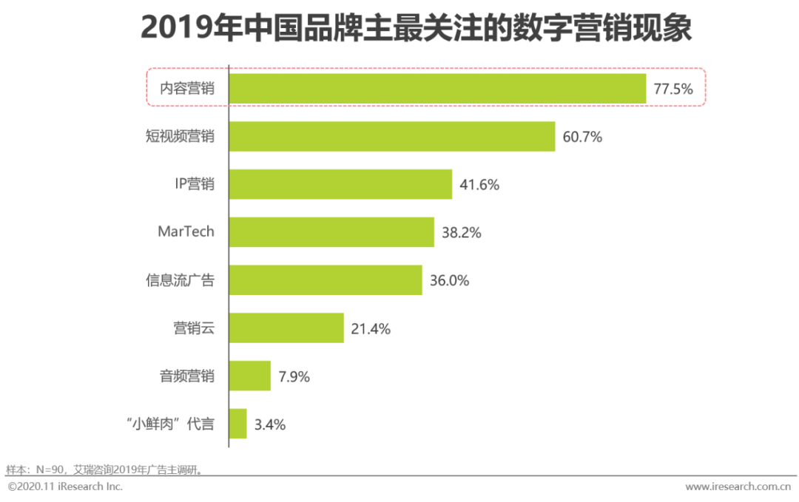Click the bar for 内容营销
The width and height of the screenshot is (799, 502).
tap(437, 89)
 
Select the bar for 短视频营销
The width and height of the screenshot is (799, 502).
tap(392, 137)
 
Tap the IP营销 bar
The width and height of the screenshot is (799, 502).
tap(340, 184)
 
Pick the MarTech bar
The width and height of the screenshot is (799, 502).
tap(331, 232)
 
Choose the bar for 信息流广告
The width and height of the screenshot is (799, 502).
tap(326, 280)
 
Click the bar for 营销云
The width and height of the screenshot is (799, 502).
tap(286, 328)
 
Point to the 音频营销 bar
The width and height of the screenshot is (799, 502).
tap(250, 376)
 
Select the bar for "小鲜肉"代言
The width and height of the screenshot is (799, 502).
tap(238, 424)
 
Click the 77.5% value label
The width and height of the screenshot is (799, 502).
tap(673, 89)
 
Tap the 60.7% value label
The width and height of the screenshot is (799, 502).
tap(582, 137)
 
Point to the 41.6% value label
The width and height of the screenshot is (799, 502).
tap(479, 185)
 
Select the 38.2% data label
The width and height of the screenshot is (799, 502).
tap(462, 233)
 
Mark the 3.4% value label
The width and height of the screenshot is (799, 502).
tap(269, 424)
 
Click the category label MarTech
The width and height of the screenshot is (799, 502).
tap(186, 231)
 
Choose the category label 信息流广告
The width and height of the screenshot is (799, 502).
tap(180, 280)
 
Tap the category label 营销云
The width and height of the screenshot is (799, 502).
tap(194, 328)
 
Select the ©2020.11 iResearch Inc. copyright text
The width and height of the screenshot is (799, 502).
tap(65, 486)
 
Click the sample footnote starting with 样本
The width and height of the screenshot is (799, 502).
tap(104, 469)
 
